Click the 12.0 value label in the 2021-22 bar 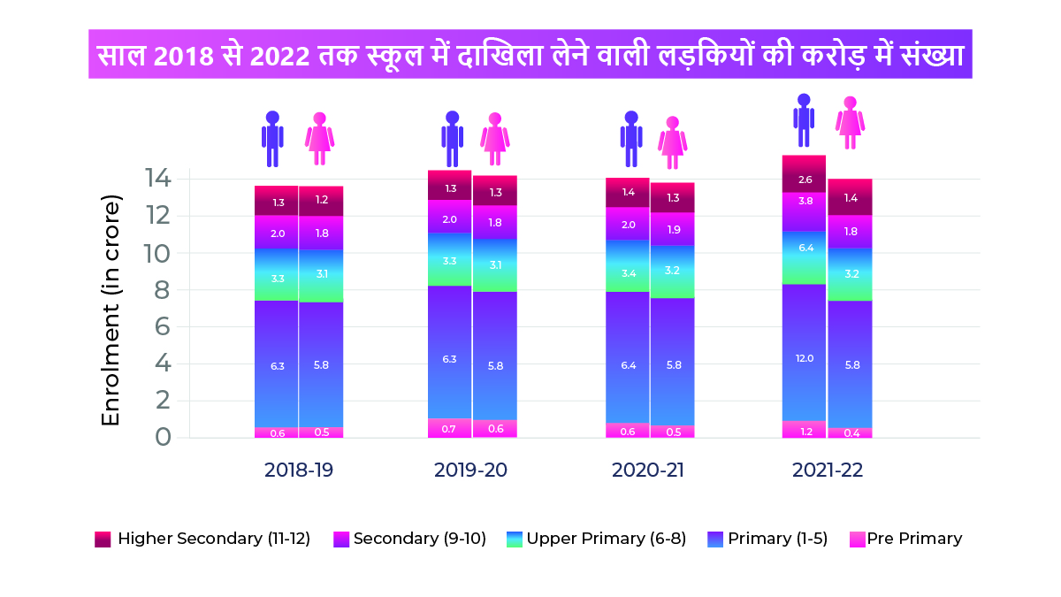tap(804, 358)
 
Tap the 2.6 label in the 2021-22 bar tap(804, 180)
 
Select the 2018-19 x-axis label tap(299, 470)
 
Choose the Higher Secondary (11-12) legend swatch tap(103, 539)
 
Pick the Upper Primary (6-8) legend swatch tap(515, 539)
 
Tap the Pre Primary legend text tap(914, 539)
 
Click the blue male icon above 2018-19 tap(272, 139)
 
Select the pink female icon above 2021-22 tap(850, 123)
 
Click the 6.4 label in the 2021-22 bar tap(804, 249)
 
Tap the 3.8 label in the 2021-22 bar tap(804, 201)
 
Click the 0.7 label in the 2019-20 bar tap(450, 429)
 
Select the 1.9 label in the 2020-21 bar tap(672, 229)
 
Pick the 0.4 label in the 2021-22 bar tap(850, 432)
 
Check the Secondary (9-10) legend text tap(420, 539)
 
